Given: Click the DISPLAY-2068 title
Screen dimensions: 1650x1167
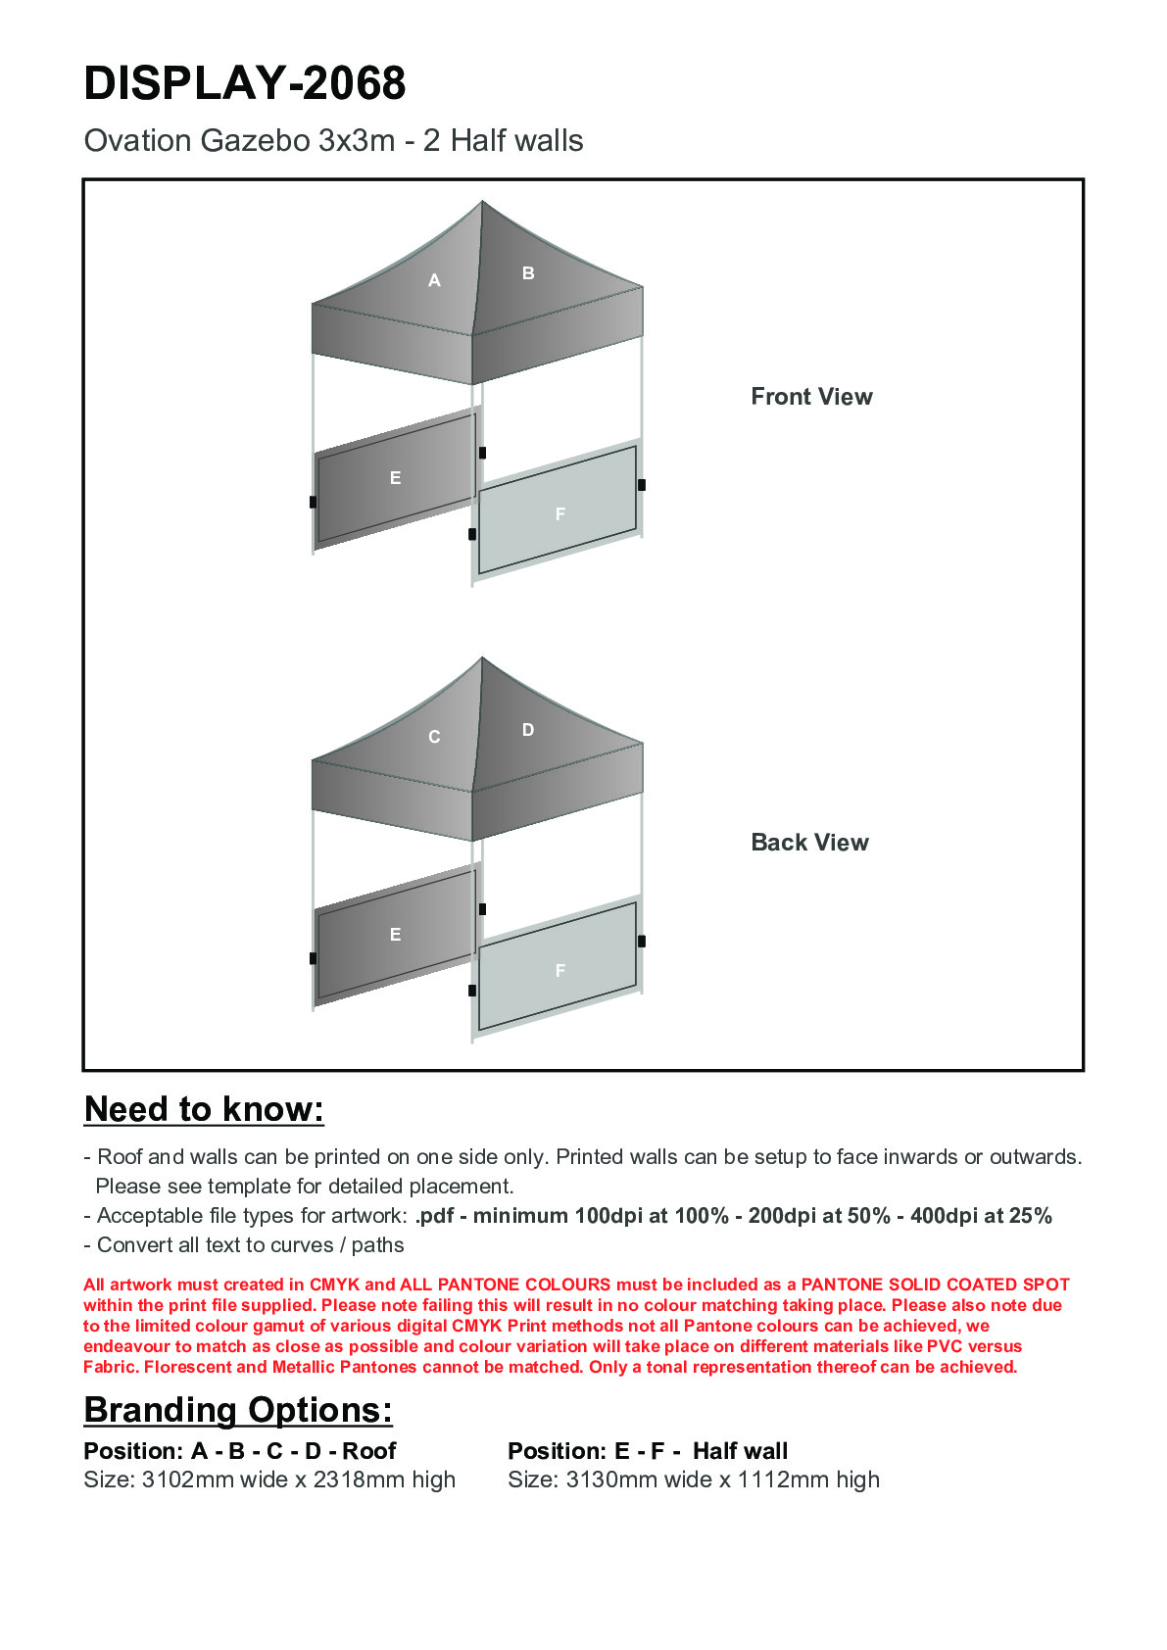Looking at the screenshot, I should tap(244, 83).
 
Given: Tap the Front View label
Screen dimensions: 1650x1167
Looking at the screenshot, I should tap(811, 397).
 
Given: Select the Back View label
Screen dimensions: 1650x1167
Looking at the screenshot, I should tap(809, 843).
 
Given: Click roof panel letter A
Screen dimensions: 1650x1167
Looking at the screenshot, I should tap(434, 281).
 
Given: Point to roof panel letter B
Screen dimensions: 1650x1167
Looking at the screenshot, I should tap(528, 273).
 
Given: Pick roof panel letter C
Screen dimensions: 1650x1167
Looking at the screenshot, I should tap(434, 737).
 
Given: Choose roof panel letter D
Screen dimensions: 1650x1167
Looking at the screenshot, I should tap(528, 730).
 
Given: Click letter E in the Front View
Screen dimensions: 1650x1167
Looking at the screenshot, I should tap(395, 478).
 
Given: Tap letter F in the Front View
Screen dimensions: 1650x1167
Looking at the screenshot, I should tap(560, 514).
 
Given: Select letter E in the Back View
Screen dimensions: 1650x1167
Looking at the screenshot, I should tap(395, 935).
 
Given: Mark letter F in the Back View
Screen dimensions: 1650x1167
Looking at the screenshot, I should tap(560, 971).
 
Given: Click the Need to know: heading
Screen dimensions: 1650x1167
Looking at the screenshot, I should tap(204, 1109).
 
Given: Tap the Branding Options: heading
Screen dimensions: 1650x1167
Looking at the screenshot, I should tap(238, 1410).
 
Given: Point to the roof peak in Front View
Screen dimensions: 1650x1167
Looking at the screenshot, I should tap(482, 203).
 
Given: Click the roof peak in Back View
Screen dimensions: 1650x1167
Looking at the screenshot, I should tap(482, 658).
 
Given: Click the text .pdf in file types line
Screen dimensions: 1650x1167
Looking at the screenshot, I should tap(434, 1216).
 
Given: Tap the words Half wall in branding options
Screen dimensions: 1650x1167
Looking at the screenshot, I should tap(740, 1451).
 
